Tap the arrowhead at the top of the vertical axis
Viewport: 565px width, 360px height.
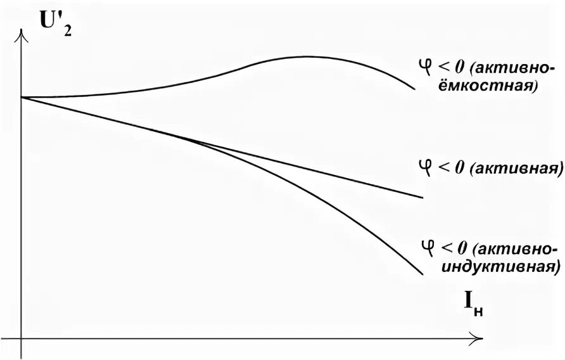[x=22, y=35]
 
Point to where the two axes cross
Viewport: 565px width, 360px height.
[x=22, y=334]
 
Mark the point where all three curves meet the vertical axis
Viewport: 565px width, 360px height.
[x=22, y=97]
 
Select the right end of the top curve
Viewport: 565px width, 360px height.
[x=415, y=89]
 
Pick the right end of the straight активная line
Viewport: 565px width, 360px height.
[x=422, y=198]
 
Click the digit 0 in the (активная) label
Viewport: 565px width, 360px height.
[x=460, y=168]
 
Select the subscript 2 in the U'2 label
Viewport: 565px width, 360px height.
[x=68, y=29]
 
